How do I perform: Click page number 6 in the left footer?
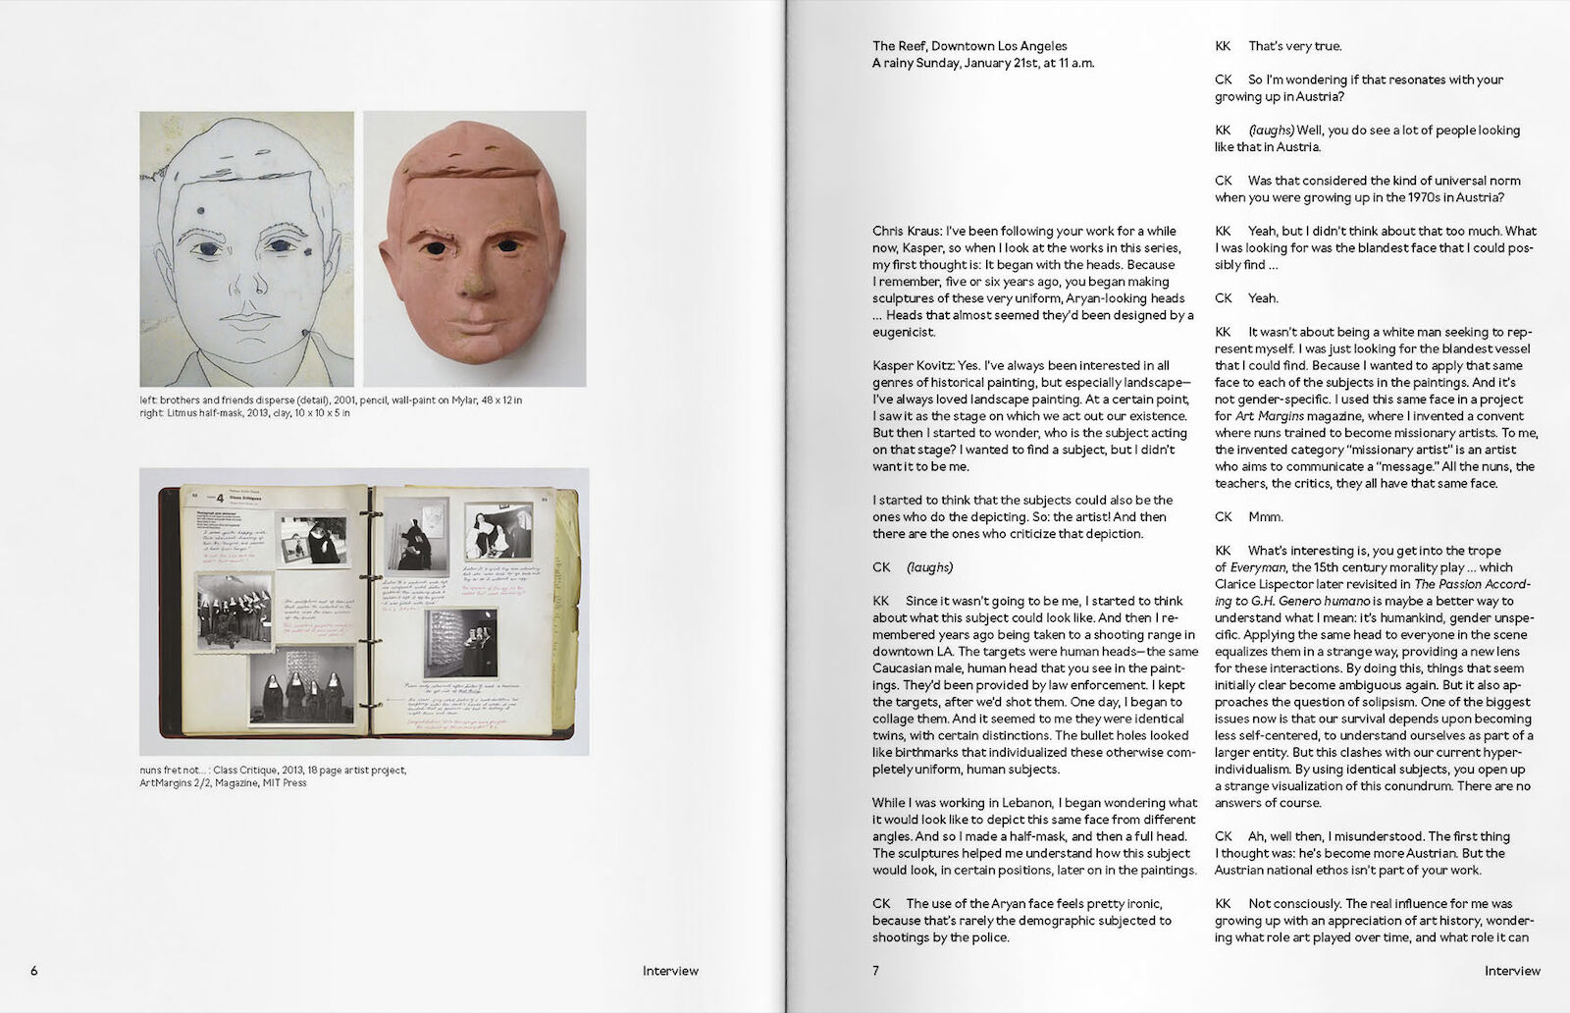pyautogui.click(x=34, y=971)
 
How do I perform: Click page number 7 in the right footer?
pyautogui.click(x=876, y=971)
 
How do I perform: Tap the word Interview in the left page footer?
pyautogui.click(x=670, y=971)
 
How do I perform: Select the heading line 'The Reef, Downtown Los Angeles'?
pyautogui.click(x=969, y=46)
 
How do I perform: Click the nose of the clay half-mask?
pyautogui.click(x=476, y=281)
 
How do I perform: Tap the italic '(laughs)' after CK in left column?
pyautogui.click(x=929, y=567)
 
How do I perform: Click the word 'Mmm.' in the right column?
pyautogui.click(x=1265, y=516)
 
